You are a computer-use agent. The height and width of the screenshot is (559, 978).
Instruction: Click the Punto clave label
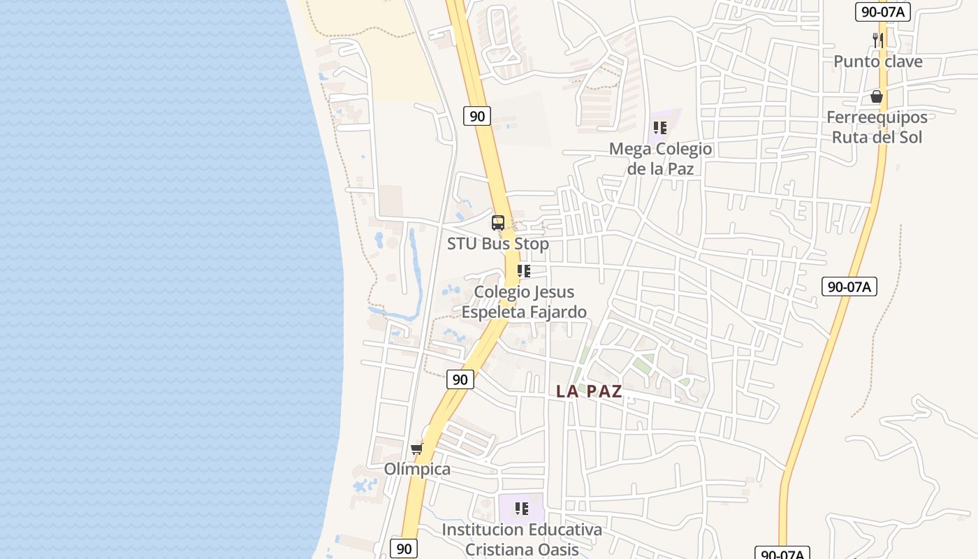[877, 61]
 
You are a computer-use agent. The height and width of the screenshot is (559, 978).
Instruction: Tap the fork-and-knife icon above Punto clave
[877, 41]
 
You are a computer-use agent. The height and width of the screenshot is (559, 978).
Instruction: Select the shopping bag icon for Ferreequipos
[877, 96]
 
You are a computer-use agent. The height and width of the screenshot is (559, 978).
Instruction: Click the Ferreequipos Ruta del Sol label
[877, 127]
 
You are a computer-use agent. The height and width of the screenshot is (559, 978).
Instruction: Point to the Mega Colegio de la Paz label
[660, 159]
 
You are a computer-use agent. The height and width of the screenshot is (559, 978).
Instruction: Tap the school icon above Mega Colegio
[660, 128]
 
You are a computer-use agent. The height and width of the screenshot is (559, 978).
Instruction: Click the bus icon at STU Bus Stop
[498, 223]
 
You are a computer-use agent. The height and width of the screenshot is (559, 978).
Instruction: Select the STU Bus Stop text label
[498, 244]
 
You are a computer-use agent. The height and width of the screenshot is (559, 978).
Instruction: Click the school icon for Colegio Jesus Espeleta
[524, 271]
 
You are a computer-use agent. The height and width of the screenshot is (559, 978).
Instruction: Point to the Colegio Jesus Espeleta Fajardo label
[524, 302]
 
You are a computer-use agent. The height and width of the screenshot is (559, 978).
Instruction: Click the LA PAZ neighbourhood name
[589, 391]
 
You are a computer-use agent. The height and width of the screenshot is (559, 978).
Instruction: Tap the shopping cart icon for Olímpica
[417, 448]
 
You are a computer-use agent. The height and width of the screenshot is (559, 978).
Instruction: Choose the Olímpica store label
[417, 469]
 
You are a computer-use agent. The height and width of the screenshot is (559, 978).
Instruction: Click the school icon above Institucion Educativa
[522, 509]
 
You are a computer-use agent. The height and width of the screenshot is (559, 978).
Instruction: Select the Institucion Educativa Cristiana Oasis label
[522, 539]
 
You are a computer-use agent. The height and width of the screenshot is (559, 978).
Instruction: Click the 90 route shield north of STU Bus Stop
[477, 116]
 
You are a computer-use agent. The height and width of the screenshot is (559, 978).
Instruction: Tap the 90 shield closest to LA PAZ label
[460, 379]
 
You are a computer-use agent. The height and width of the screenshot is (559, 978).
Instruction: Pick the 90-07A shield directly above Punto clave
[883, 12]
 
